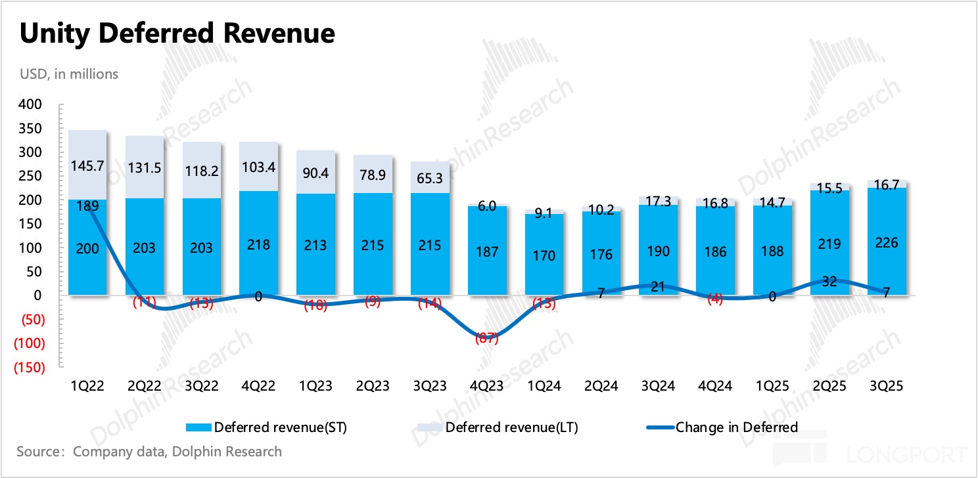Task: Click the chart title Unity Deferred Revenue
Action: (x=177, y=33)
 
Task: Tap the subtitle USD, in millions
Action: (x=69, y=74)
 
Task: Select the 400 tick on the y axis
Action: (x=30, y=104)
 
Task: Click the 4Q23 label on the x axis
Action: (x=487, y=387)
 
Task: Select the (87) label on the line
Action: (x=487, y=339)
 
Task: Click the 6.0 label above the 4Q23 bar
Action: (x=487, y=206)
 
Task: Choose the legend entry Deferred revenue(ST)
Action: (x=266, y=427)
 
